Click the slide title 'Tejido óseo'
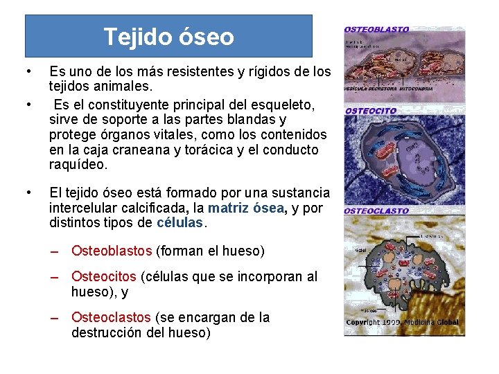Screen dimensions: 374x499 click(x=168, y=36)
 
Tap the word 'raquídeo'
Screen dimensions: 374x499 click(x=78, y=165)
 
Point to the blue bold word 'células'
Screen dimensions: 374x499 click(x=181, y=223)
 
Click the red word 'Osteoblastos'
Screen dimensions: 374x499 click(x=112, y=251)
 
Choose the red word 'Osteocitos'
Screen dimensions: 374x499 click(x=104, y=277)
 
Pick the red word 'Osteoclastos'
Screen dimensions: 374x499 click(x=111, y=317)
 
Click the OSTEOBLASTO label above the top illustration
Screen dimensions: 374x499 click(x=377, y=30)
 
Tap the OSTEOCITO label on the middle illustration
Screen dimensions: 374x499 click(x=371, y=111)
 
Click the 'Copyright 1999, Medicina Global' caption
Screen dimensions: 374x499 click(x=402, y=322)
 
